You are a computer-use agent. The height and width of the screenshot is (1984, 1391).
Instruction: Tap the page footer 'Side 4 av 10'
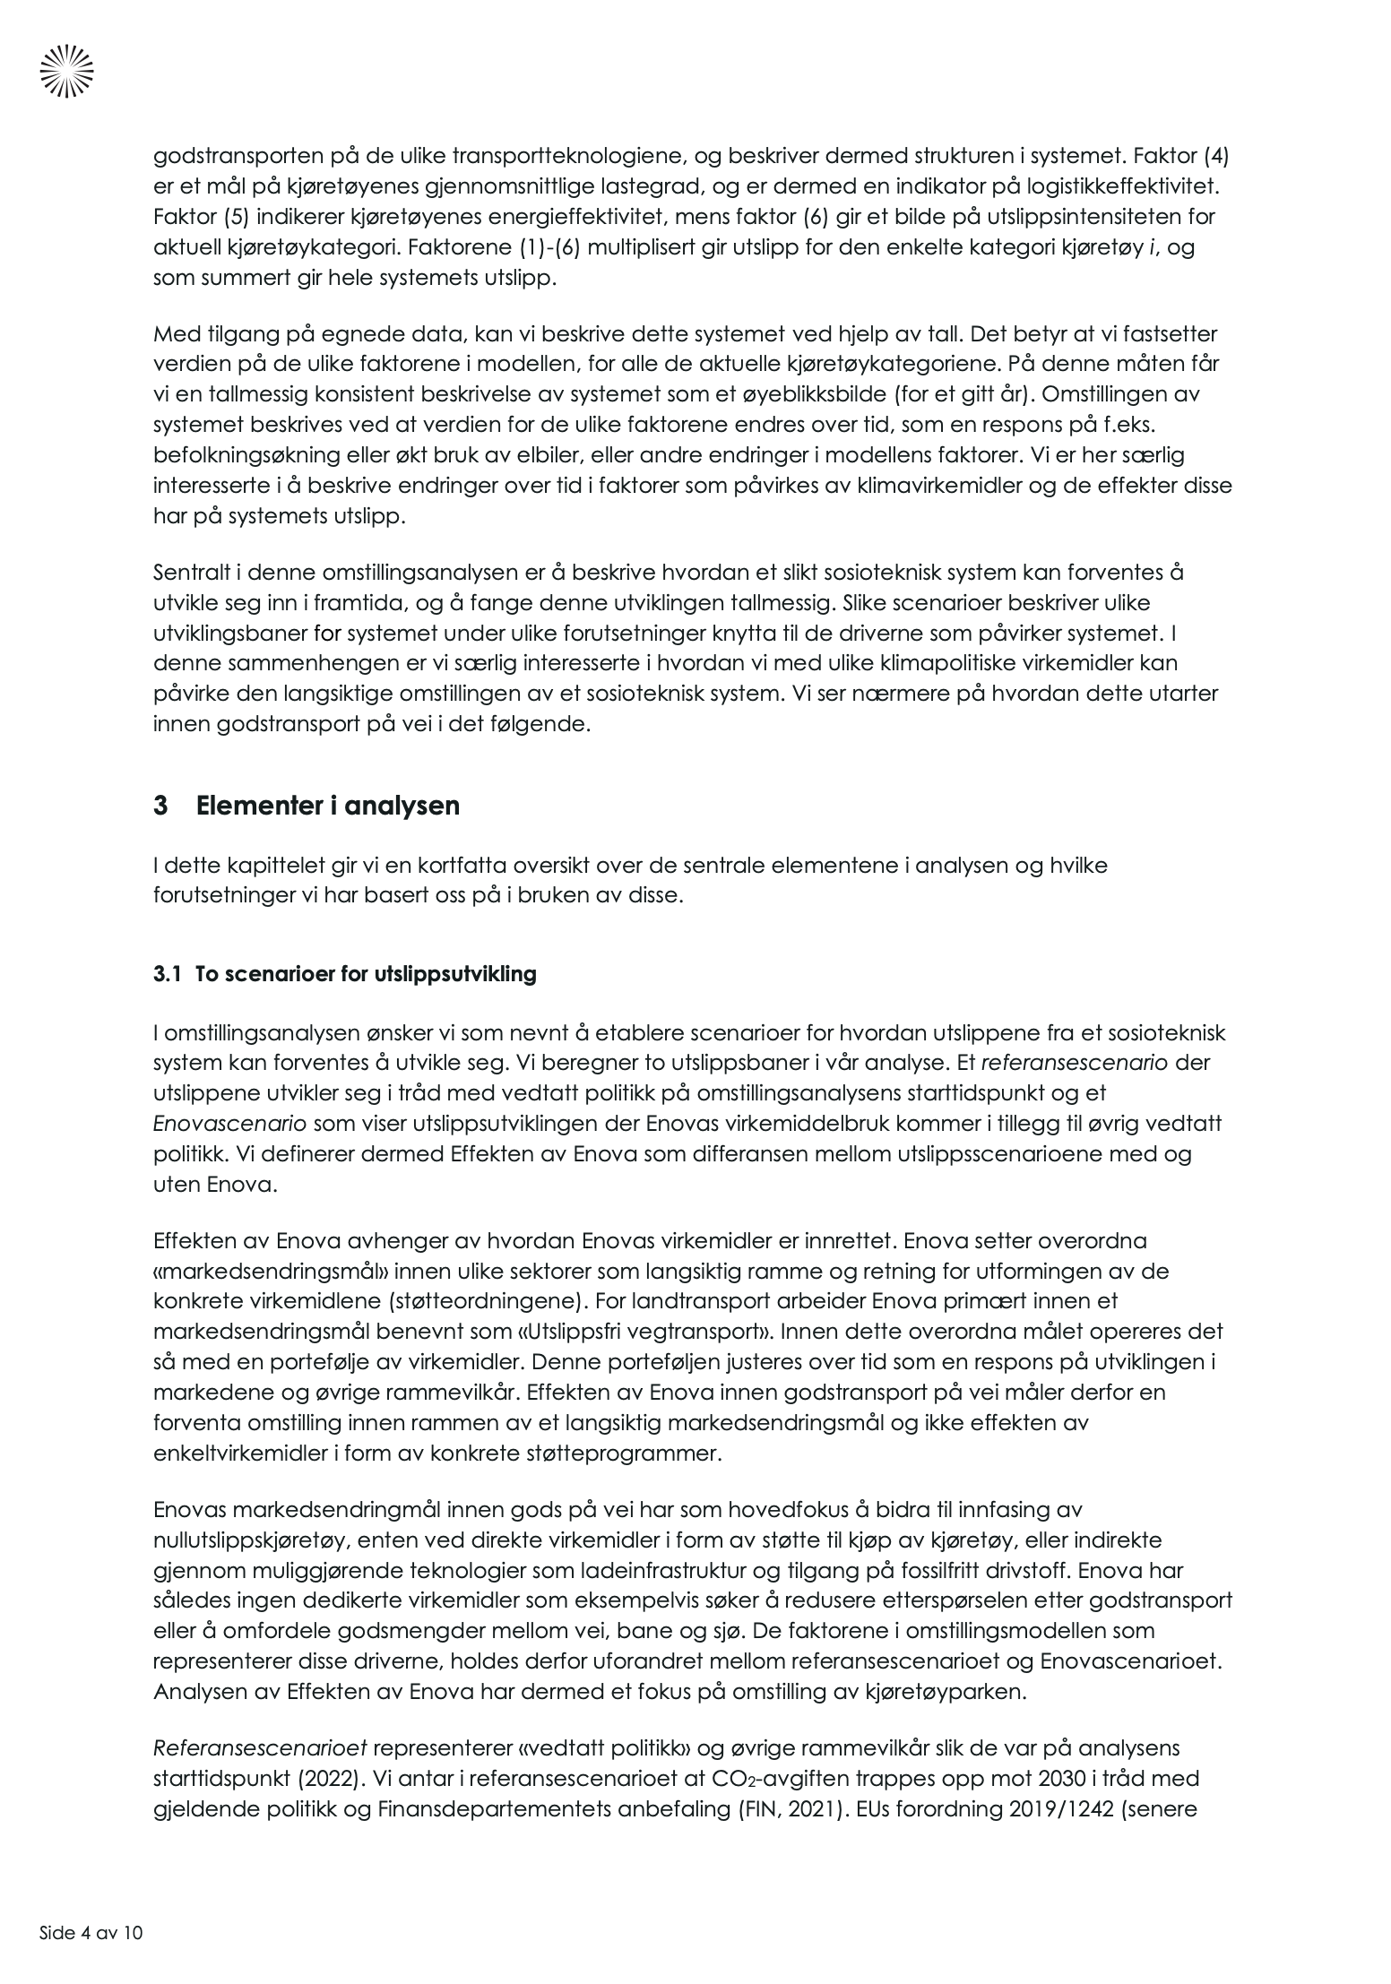[x=91, y=1932]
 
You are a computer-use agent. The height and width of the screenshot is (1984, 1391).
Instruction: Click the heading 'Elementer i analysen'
[x=327, y=806]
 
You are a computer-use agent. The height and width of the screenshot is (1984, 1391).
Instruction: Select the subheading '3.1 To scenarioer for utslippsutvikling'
[x=344, y=974]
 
